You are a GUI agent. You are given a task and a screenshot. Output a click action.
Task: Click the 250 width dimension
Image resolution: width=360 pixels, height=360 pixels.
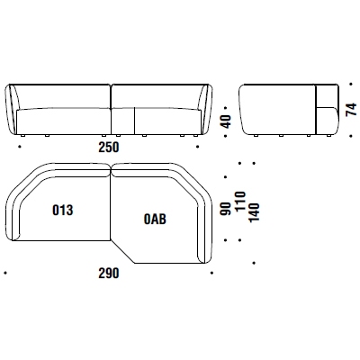point(109,148)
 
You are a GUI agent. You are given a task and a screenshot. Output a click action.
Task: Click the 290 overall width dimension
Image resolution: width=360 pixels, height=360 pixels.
point(109,274)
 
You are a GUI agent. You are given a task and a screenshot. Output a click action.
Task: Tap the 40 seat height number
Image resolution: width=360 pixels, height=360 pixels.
point(227,121)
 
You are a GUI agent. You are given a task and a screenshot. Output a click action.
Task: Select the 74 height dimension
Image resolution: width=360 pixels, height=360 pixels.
point(351,109)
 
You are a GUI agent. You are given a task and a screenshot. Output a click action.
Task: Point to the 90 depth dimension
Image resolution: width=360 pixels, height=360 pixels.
point(226,209)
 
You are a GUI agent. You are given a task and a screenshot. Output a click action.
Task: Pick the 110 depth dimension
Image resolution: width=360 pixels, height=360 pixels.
point(240,202)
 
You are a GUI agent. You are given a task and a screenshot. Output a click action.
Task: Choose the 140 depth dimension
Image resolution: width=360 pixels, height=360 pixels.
point(254,212)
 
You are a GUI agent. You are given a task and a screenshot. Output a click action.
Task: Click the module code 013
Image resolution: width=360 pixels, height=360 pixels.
point(63,210)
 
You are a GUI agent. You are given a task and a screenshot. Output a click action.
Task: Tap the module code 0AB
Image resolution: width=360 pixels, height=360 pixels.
point(155,220)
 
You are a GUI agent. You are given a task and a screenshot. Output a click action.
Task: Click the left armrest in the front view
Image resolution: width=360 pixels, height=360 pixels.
point(12,110)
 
